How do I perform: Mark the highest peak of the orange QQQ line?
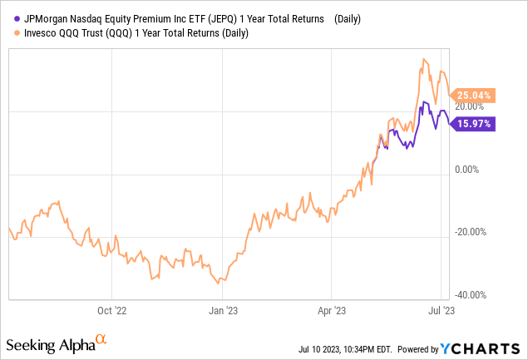(425, 59)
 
